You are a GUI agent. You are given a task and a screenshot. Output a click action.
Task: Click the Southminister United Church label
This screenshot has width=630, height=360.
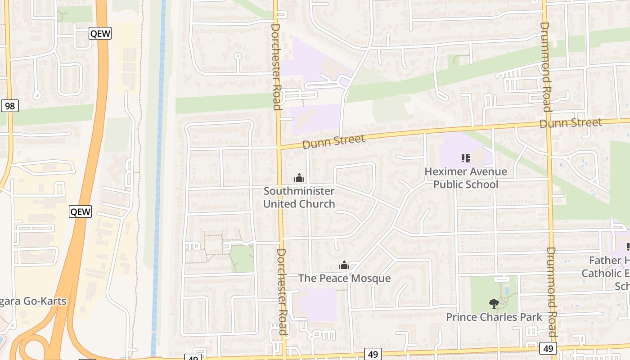[x=299, y=197]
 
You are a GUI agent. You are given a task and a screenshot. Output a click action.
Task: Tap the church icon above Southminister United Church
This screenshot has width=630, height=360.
[x=299, y=178]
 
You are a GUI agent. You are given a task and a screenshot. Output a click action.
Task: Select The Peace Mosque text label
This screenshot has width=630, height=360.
[x=344, y=278]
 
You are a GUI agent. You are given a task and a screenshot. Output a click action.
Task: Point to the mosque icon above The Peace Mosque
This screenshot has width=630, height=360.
[x=344, y=265]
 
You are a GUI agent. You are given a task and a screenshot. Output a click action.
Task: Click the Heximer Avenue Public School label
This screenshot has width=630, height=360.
[x=465, y=178]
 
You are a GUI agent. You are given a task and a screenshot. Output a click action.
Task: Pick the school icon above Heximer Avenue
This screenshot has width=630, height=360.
[x=465, y=158]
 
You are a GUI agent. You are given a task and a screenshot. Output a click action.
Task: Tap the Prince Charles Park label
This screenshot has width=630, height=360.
[x=494, y=317]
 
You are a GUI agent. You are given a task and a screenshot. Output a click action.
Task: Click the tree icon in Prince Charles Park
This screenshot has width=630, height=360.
[x=494, y=304]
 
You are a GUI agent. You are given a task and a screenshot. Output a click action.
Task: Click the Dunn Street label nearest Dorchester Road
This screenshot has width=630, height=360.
[x=333, y=141]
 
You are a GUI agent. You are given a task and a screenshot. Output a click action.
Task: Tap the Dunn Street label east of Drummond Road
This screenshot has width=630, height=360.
[x=571, y=123]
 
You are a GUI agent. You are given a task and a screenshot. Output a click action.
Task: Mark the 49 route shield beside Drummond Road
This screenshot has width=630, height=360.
[x=548, y=348]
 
